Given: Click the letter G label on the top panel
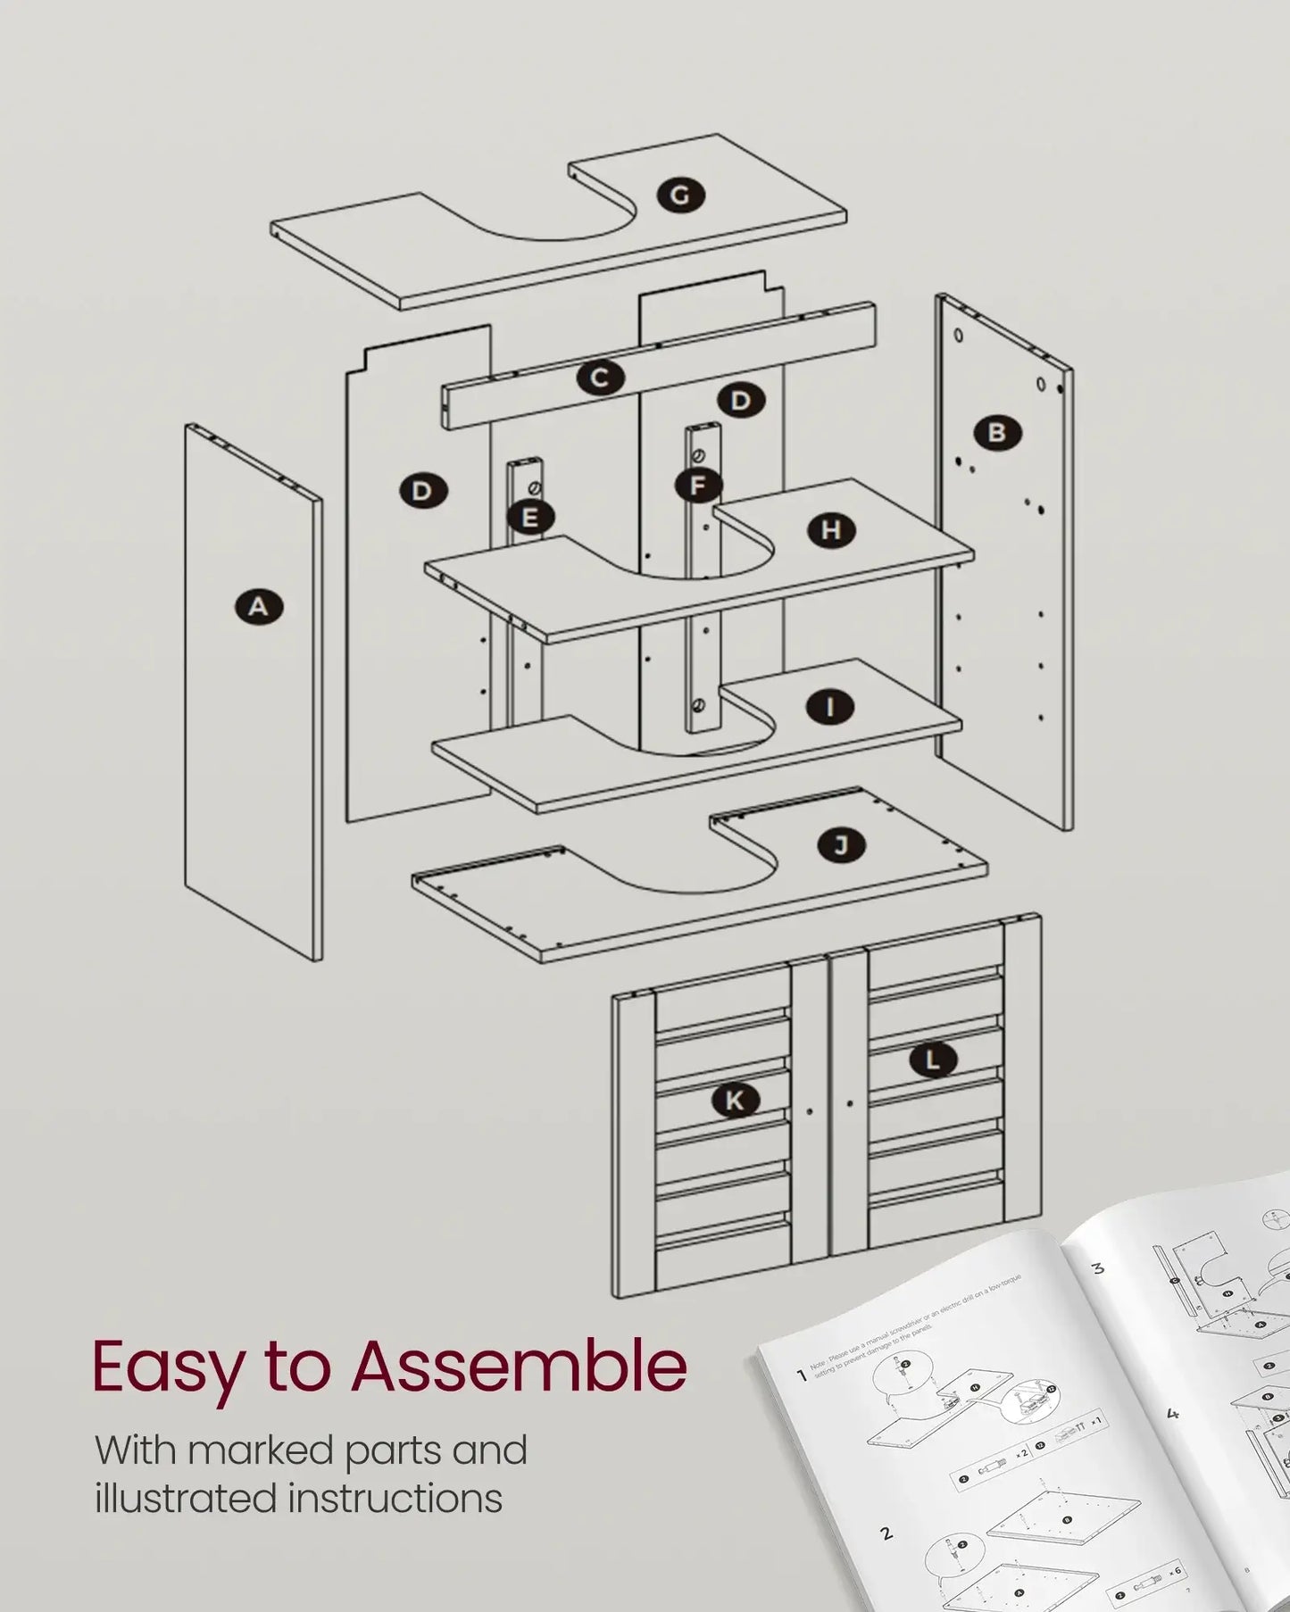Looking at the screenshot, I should (680, 195).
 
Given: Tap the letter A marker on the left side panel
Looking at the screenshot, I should (258, 607).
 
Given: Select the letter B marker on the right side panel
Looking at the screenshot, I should (997, 433).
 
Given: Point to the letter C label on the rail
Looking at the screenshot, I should (599, 378).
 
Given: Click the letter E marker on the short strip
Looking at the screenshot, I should (530, 517).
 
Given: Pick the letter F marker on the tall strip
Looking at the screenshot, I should (698, 486).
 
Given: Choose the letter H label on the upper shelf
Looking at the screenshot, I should (831, 530).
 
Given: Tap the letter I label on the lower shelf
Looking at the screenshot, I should (830, 708).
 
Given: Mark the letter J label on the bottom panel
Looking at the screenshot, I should (841, 844).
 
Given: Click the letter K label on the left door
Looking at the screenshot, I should (735, 1101).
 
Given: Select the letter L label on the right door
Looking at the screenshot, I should (933, 1060).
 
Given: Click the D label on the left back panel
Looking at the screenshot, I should (422, 490).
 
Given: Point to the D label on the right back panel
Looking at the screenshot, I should (740, 401).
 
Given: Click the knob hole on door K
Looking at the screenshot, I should (810, 1112).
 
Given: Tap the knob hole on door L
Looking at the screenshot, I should (849, 1105).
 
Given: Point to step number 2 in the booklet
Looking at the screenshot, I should (886, 1533).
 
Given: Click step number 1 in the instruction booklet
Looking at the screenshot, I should (801, 1375).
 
